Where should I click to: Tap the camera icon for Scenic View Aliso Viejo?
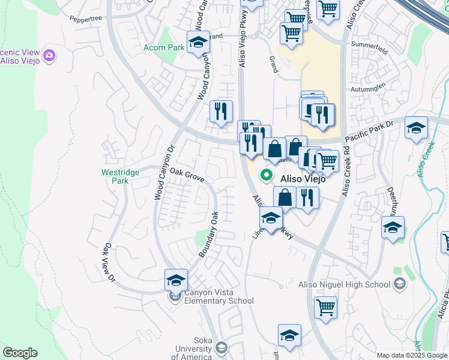50,56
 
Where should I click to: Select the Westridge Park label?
120,176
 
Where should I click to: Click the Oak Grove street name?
187,175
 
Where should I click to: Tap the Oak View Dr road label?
109,263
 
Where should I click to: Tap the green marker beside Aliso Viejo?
266,176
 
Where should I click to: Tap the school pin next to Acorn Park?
197,43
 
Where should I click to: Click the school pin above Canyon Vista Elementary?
176,280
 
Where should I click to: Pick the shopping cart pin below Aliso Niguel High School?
325,308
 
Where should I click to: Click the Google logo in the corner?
20,353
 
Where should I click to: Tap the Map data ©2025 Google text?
411,355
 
